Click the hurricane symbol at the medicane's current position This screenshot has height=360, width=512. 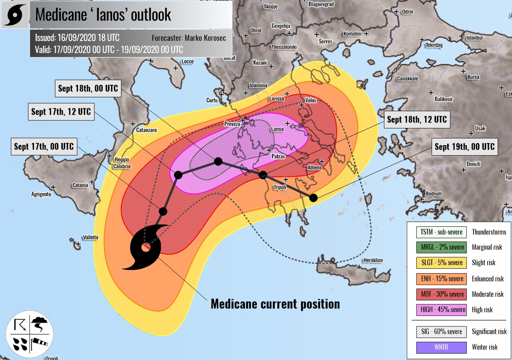pyautogui.click(x=145, y=247)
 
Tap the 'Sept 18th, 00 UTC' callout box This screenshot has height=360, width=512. pyautogui.click(x=88, y=88)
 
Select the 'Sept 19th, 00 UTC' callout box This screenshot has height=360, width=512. pyautogui.click(x=464, y=147)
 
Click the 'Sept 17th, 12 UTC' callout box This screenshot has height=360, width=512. pyautogui.click(x=61, y=112)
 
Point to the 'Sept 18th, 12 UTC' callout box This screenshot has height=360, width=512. pyautogui.click(x=416, y=120)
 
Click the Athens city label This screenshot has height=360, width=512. pyautogui.click(x=314, y=168)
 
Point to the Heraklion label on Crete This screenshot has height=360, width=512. pyautogui.click(x=372, y=260)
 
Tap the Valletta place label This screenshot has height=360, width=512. pyautogui.click(x=90, y=238)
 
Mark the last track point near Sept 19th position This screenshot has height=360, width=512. pyautogui.click(x=313, y=198)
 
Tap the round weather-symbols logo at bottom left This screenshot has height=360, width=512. pyautogui.click(x=29, y=334)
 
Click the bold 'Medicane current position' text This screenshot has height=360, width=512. pyautogui.click(x=275, y=304)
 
